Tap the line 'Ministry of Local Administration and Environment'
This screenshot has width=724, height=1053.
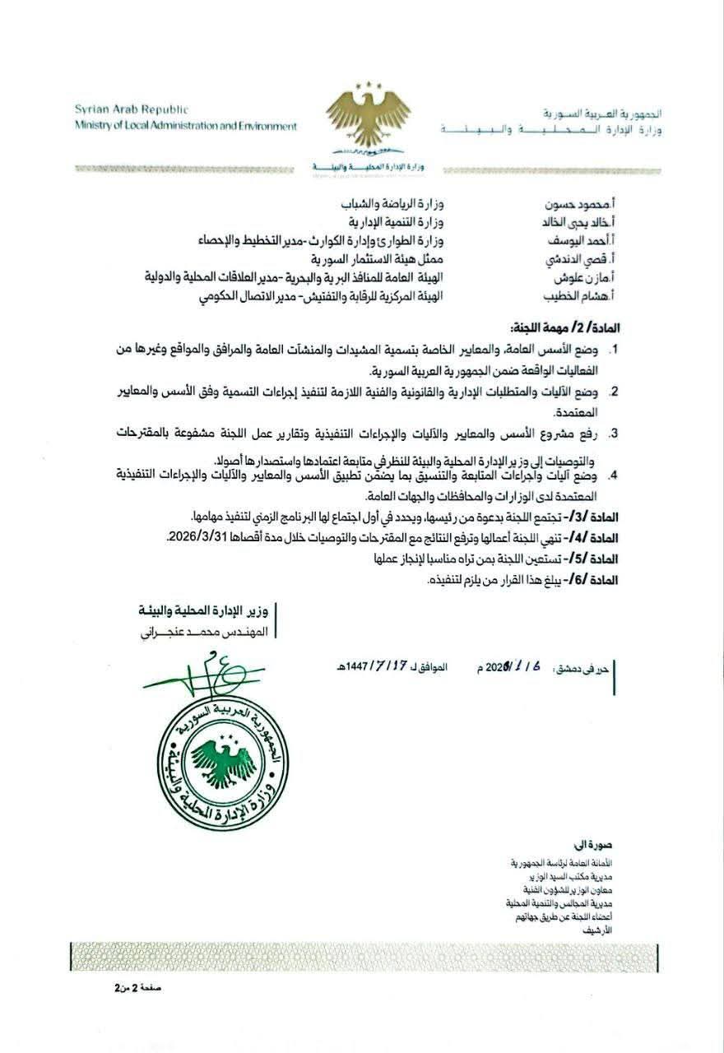point(185,126)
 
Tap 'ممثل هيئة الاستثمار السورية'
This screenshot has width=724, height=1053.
point(384,260)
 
